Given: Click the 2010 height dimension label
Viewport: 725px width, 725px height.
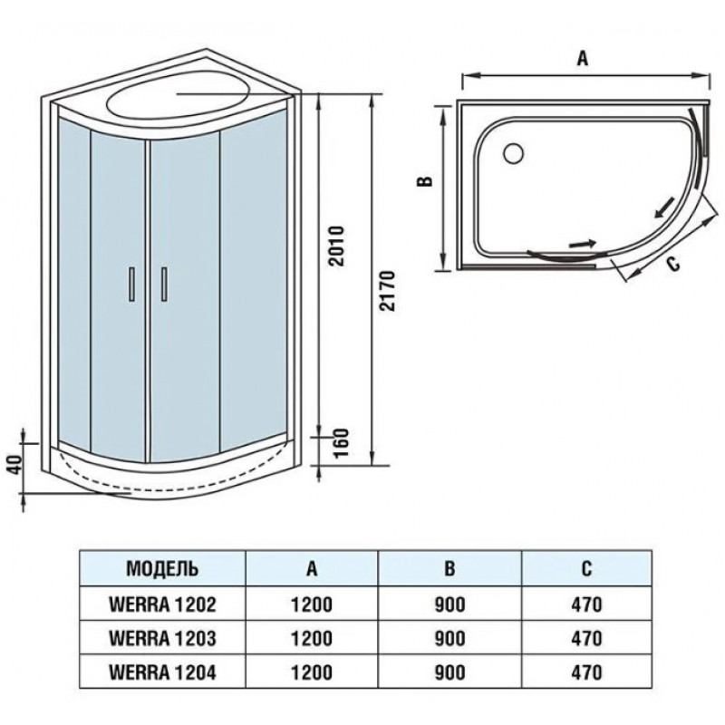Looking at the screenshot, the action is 337,246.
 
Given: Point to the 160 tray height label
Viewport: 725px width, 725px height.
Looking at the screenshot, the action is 342,442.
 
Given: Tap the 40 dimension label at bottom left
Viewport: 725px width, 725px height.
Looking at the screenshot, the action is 16,464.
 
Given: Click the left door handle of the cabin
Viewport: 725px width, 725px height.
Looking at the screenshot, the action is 131,284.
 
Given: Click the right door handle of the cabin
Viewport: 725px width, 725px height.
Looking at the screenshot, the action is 164,284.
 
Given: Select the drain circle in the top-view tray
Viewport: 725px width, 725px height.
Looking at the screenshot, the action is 513,153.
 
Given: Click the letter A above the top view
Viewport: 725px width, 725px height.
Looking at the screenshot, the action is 583,59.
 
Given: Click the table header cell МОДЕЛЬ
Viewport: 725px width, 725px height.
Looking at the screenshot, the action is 163,568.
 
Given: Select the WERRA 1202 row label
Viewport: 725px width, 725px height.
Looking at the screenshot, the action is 162,604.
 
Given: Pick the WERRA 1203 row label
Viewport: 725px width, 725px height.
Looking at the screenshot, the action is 162,639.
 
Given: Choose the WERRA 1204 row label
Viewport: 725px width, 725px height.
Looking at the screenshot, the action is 162,672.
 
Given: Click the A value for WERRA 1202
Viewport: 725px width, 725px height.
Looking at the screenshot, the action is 312,604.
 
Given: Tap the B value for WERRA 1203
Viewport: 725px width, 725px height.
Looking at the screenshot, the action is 449,639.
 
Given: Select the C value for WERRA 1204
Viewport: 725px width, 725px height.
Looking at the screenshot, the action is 586,672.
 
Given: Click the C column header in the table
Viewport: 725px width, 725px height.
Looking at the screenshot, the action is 586,568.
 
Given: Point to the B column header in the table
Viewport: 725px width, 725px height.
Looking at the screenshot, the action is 449,568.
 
